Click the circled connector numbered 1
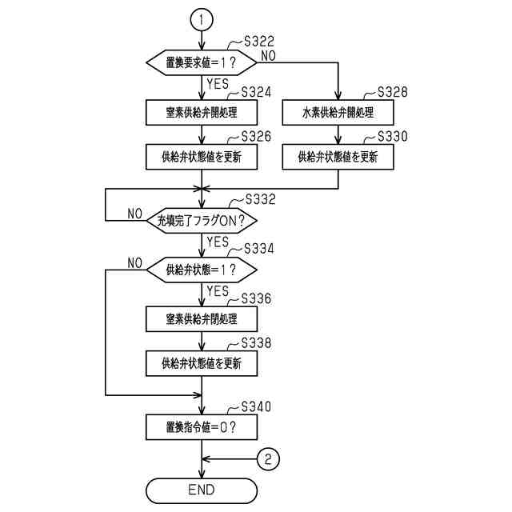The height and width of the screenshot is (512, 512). pyautogui.click(x=201, y=19)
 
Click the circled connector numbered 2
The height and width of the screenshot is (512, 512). pyautogui.click(x=270, y=458)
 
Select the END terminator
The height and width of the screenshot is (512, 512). pyautogui.click(x=202, y=488)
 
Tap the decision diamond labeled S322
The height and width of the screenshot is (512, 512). pyautogui.click(x=202, y=62)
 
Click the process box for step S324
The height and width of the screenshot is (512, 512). pyautogui.click(x=202, y=111)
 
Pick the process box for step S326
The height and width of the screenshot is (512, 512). pyautogui.click(x=202, y=157)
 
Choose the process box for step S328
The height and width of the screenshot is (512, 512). pyautogui.click(x=338, y=111)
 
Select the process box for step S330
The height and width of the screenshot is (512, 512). pyautogui.click(x=338, y=157)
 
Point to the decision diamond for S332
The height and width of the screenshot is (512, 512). pyautogui.click(x=202, y=219)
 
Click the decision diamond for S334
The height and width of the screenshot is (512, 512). pyautogui.click(x=202, y=268)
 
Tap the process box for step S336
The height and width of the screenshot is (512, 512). pyautogui.click(x=202, y=318)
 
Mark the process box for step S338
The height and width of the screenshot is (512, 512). pyautogui.click(x=202, y=363)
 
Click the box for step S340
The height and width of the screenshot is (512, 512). pyautogui.click(x=202, y=426)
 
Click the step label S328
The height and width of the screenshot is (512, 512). pyautogui.click(x=392, y=92)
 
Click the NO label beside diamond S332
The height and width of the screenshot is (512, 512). pyautogui.click(x=135, y=214)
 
